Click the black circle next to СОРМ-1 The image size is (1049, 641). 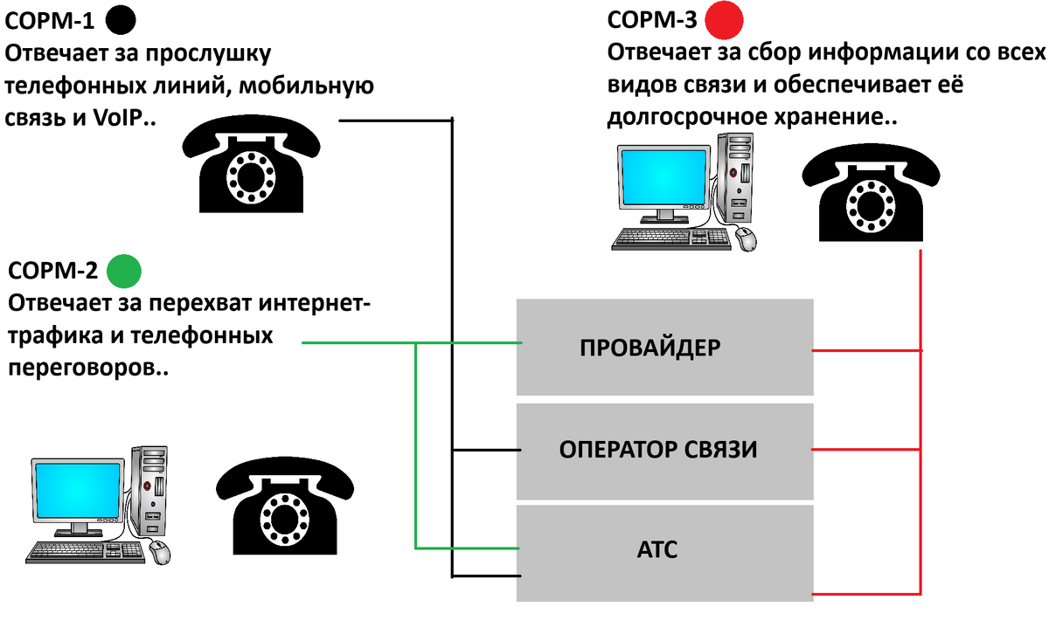[121, 18]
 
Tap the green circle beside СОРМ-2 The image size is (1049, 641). [123, 271]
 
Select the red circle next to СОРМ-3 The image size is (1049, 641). [725, 19]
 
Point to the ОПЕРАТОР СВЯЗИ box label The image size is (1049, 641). [657, 450]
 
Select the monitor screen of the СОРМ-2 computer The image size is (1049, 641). [77, 493]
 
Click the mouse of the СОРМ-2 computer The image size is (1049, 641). [160, 552]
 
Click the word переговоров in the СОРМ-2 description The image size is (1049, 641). [79, 369]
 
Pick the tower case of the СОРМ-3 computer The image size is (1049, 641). [735, 176]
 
